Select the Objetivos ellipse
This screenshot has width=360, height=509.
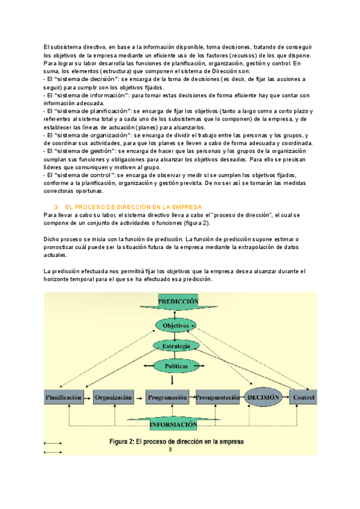[x=176, y=325]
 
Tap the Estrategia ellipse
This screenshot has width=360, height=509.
[x=176, y=346]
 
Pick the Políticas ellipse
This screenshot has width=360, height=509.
[x=175, y=366]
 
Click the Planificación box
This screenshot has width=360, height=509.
[x=63, y=397]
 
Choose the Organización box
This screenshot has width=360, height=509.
[x=114, y=397]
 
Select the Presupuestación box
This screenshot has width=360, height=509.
[x=217, y=397]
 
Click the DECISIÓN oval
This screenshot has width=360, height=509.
[x=263, y=397]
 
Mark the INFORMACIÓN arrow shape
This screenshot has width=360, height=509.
[x=173, y=424]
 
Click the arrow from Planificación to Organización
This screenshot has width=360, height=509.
[x=88, y=397]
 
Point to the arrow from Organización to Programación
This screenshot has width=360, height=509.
[x=140, y=397]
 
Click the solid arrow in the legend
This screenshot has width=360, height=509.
[x=53, y=444]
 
